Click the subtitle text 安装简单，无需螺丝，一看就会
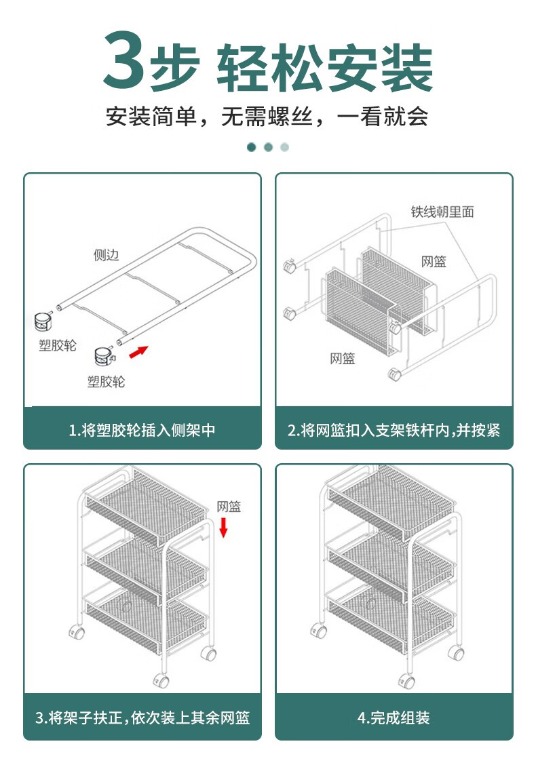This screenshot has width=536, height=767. click(267, 117)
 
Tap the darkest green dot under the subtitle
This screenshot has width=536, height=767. click(252, 147)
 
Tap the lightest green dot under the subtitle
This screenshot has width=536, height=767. click(284, 147)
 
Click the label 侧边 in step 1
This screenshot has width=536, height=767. click(107, 255)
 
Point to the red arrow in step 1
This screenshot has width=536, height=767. click(138, 351)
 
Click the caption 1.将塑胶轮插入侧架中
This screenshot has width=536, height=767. click(142, 430)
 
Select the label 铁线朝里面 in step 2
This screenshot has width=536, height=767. click(442, 212)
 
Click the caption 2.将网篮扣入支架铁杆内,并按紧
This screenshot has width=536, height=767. click(394, 430)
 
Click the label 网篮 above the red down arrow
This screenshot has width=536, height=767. click(229, 507)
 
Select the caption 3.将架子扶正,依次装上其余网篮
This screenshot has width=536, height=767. click(142, 717)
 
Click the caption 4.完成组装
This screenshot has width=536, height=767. click(394, 717)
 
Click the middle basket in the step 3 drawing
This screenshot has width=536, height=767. click(146, 566)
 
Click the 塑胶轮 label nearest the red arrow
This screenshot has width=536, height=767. click(107, 382)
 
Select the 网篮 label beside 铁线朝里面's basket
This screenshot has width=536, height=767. click(434, 262)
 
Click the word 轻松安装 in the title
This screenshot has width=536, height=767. click(324, 68)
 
